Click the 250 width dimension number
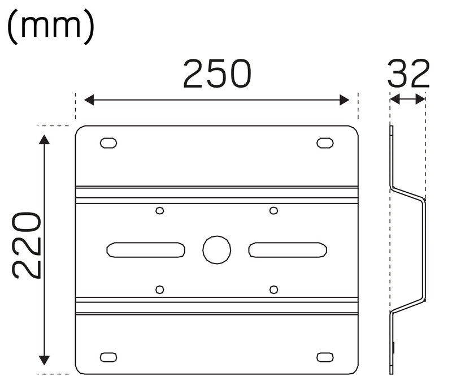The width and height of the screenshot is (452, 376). coord(217,74)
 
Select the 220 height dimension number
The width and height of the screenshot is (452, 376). coord(27,245)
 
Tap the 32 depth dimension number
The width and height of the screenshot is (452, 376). coord(408,74)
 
